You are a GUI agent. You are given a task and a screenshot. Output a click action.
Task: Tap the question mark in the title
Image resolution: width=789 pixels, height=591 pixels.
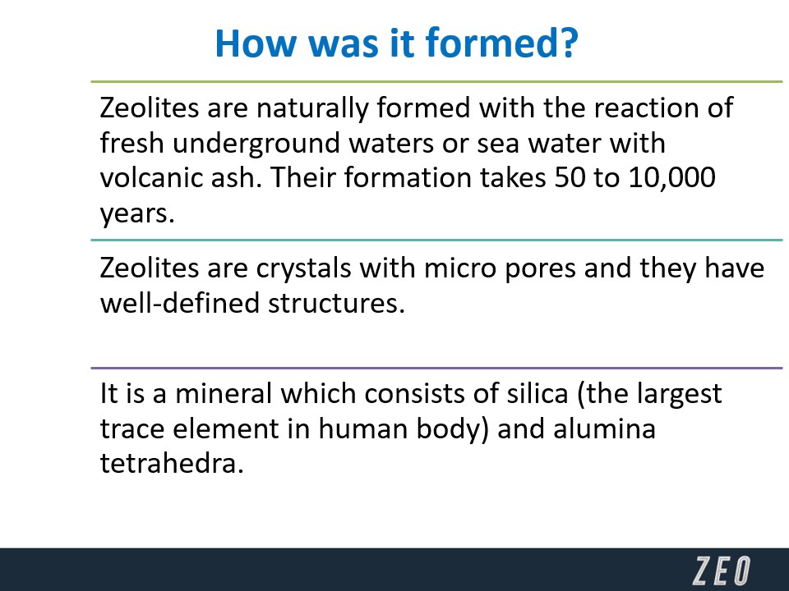point(568,43)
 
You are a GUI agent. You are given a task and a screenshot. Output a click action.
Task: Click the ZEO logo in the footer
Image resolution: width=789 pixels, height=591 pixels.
point(722,570)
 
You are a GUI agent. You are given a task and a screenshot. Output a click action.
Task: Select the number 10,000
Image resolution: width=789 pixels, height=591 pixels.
point(671,177)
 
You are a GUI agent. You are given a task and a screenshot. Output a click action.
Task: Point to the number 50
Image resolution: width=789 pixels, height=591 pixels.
point(570,177)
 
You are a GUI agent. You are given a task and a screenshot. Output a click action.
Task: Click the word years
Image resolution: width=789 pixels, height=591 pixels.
point(137,214)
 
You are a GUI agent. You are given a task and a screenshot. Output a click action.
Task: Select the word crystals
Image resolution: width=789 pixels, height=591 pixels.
point(303,269)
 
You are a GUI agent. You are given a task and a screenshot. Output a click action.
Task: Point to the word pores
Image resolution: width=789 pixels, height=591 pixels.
point(540,270)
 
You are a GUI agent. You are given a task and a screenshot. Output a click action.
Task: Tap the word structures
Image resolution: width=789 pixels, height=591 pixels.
point(336,304)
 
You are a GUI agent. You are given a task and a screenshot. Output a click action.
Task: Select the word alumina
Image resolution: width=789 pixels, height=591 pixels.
point(604,428)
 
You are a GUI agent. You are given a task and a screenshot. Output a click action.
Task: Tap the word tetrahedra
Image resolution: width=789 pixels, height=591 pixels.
point(172,463)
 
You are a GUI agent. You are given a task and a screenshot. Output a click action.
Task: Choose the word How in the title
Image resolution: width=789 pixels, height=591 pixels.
point(256,43)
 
